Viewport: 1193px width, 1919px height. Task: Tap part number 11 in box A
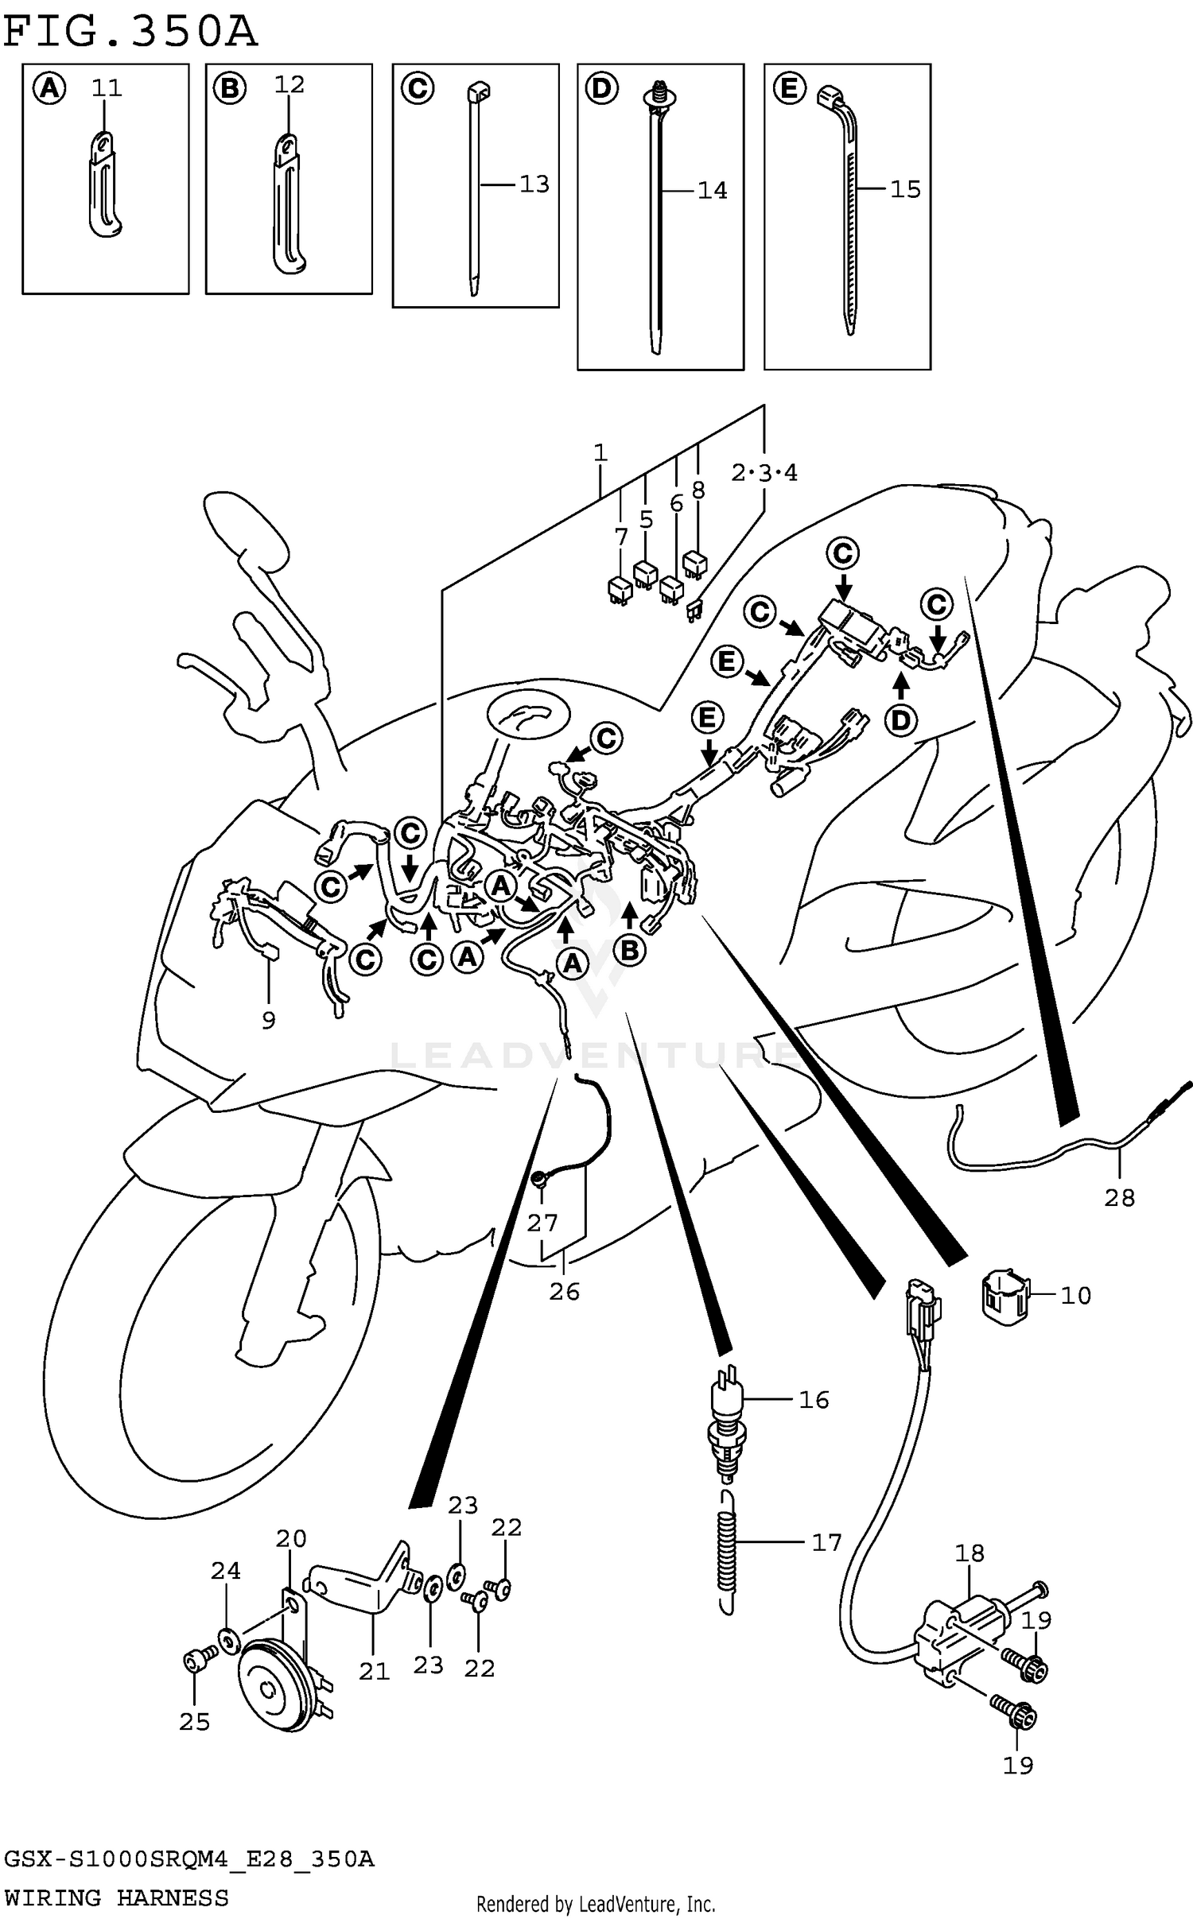coord(107,87)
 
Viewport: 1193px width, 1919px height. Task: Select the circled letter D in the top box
coord(602,89)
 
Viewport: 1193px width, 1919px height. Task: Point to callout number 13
coord(534,184)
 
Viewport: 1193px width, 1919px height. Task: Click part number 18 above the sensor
coord(970,1553)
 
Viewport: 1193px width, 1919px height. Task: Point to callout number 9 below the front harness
coord(268,1020)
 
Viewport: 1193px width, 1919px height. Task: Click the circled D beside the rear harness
coord(900,720)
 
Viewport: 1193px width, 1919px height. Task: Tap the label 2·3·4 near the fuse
coord(764,474)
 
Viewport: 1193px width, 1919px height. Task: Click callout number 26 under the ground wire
coord(564,1292)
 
